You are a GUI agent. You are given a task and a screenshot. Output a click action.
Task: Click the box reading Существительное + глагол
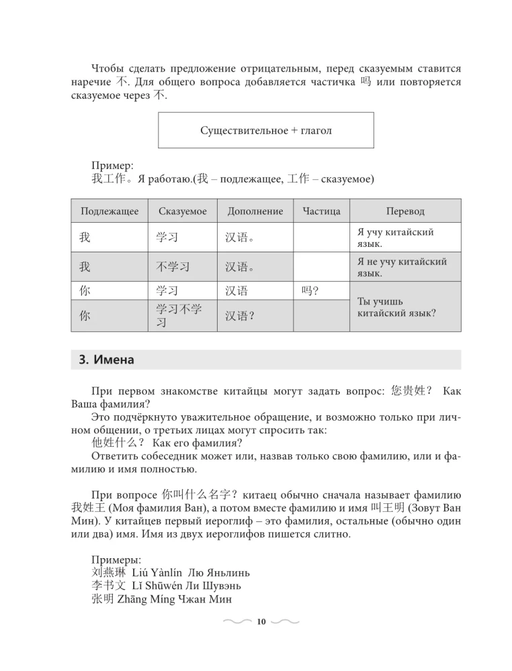tap(265, 130)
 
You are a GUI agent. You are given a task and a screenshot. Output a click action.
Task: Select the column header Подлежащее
tap(110, 211)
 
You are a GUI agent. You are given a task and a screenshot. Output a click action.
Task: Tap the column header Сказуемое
tap(183, 211)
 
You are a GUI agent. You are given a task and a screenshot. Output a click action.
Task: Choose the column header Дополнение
tap(255, 211)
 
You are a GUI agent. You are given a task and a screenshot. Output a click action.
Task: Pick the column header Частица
tap(321, 211)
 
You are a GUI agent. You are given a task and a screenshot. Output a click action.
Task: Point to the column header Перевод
tap(405, 211)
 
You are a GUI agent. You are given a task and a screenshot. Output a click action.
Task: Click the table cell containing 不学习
tap(173, 266)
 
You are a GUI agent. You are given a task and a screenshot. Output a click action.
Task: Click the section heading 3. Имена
tap(107, 360)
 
